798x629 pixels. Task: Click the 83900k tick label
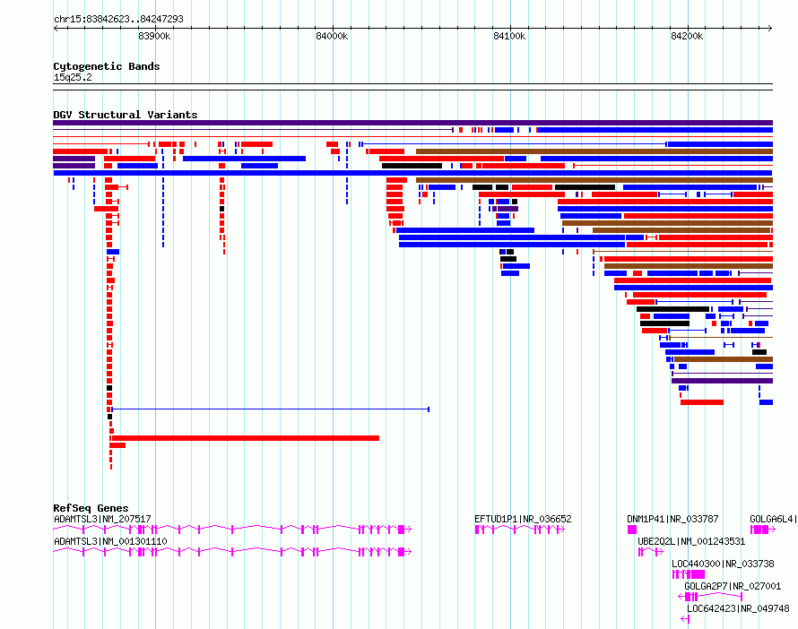coord(154,36)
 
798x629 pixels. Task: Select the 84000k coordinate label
coord(332,36)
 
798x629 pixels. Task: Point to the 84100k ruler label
coord(509,36)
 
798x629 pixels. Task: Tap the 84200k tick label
coord(687,36)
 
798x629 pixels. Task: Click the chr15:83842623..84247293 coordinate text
coord(118,20)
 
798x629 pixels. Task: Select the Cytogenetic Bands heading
coord(107,66)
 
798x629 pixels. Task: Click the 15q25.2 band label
coord(73,77)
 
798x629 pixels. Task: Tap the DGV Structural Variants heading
coord(126,115)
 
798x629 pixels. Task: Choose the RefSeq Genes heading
coord(91,508)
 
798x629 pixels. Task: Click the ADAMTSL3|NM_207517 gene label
coord(102,519)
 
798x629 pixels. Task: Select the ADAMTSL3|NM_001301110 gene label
coord(110,541)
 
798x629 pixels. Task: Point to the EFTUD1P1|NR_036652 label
coord(523,519)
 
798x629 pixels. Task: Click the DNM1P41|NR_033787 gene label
coord(672,519)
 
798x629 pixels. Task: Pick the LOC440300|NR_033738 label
coord(723,564)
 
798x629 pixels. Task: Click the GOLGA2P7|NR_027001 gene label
coord(733,586)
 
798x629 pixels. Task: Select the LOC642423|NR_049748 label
coord(738,608)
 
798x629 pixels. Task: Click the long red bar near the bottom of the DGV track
coord(246,438)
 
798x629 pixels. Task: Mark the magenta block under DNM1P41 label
coord(631,530)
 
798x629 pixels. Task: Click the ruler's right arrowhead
coord(770,29)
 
